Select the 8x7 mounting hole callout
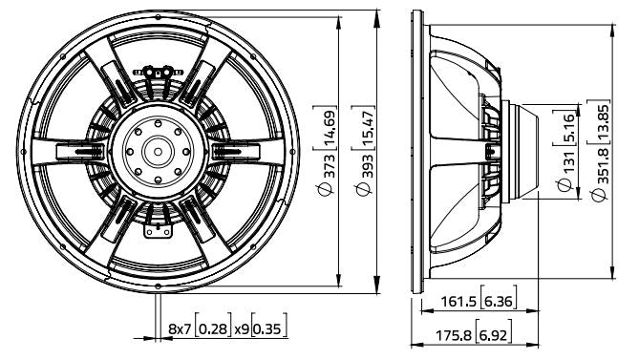click(x=180, y=328)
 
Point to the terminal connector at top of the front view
click(x=159, y=71)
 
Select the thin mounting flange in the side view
click(x=418, y=150)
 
